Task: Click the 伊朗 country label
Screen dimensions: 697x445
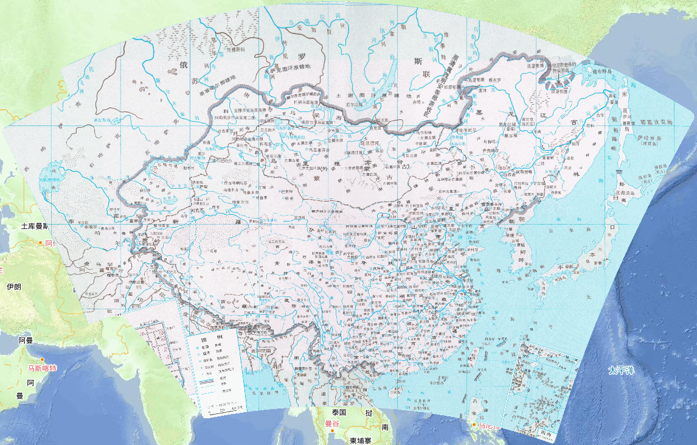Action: click(14, 286)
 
